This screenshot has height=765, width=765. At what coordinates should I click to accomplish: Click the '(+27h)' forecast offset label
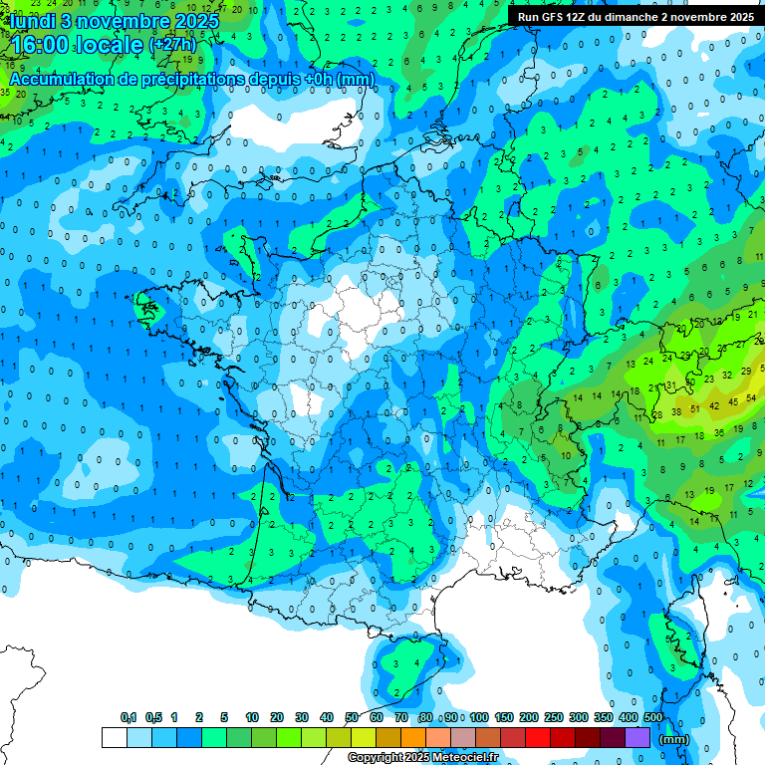172,46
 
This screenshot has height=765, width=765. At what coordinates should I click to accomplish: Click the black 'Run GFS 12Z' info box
636,16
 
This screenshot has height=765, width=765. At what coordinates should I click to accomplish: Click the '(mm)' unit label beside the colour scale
674,739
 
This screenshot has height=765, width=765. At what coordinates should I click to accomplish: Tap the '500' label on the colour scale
653,718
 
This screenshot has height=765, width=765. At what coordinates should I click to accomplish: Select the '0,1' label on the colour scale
127,718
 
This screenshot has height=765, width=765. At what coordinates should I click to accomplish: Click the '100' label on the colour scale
479,718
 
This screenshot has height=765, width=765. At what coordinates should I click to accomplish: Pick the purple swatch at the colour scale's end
637,738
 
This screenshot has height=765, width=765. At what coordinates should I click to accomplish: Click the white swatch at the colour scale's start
115,738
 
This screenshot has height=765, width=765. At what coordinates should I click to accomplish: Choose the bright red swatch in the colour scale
538,738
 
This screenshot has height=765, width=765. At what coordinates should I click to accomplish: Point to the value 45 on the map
735,401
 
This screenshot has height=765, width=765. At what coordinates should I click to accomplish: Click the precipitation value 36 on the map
718,432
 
